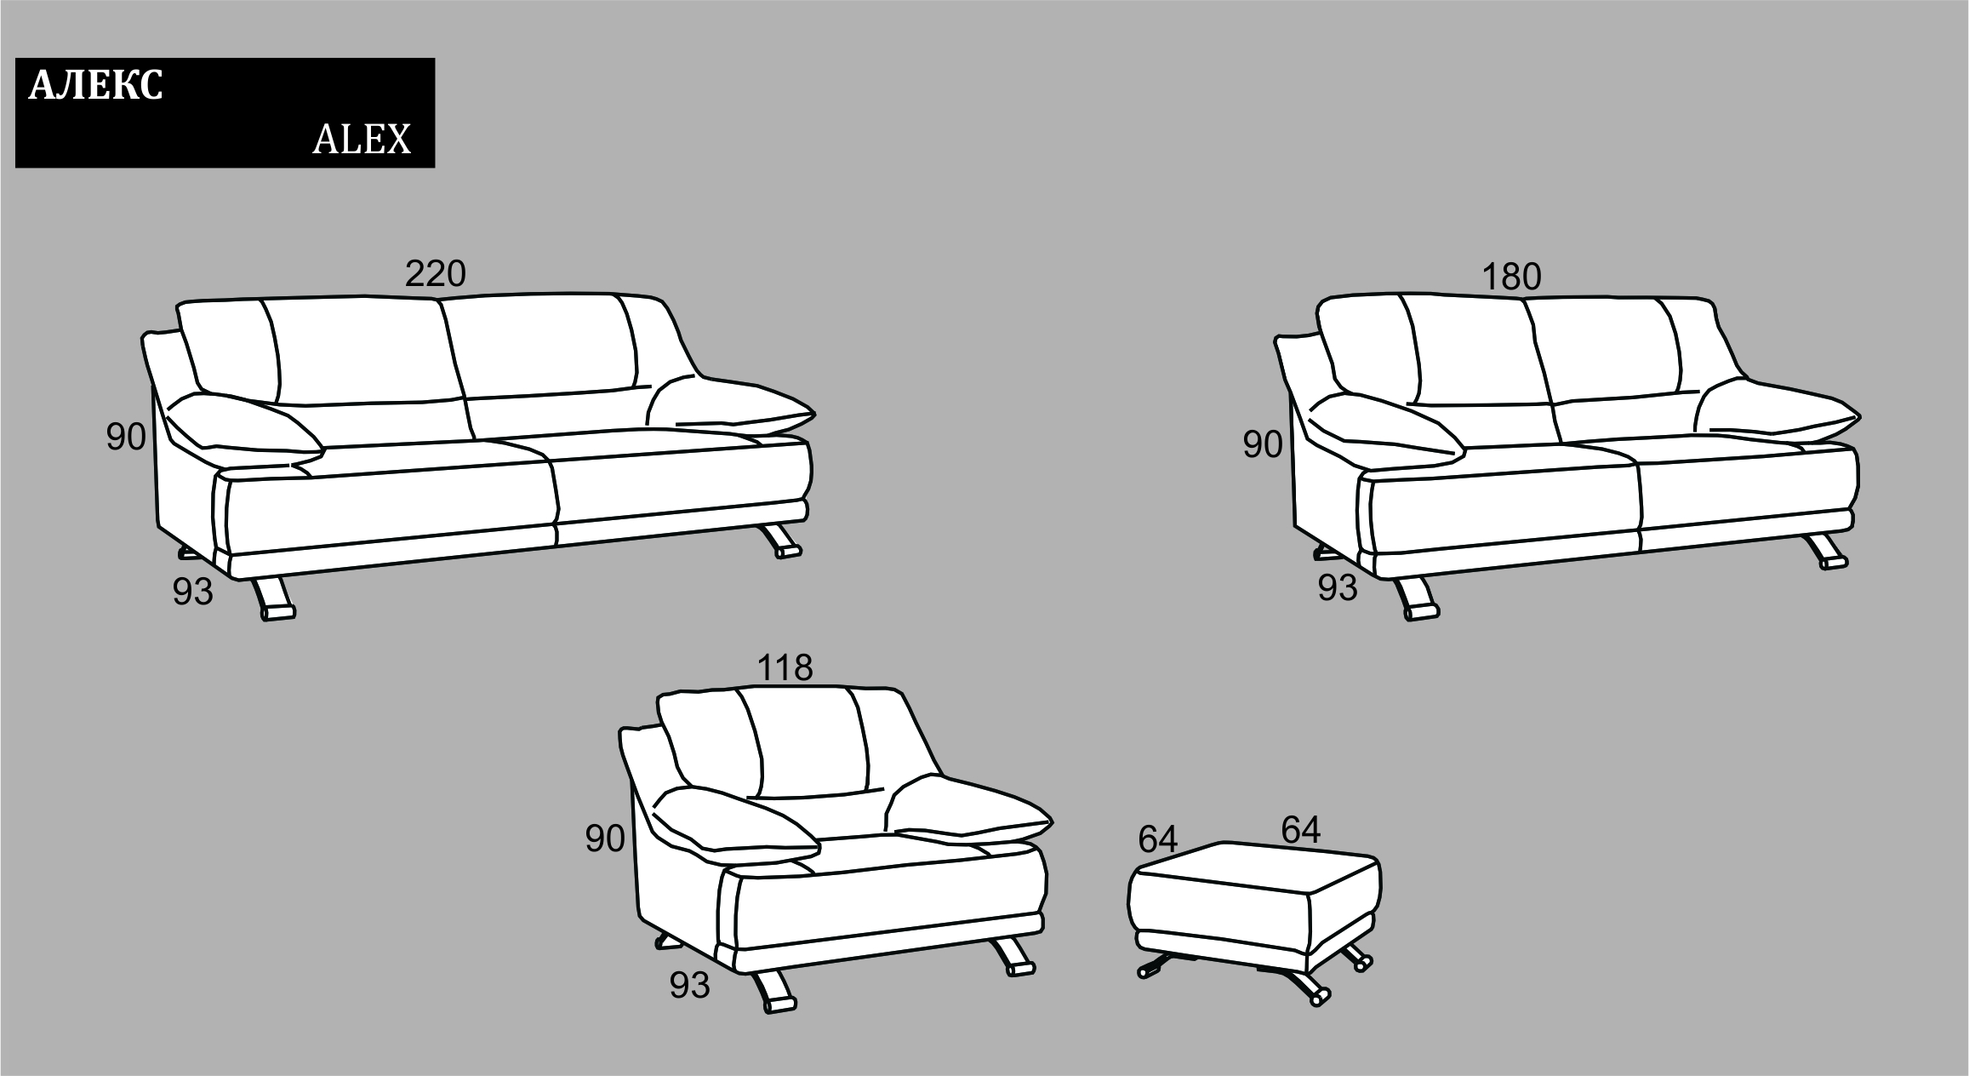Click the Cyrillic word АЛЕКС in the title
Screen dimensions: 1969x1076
(x=95, y=86)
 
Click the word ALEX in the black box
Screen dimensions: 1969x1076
(x=362, y=139)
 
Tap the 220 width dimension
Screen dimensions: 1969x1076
(x=435, y=274)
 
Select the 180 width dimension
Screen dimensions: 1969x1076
(x=1511, y=278)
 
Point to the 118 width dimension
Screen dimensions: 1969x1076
(x=785, y=668)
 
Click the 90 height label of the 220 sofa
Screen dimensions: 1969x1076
(x=126, y=438)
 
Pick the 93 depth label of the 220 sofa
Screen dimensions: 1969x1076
(x=192, y=592)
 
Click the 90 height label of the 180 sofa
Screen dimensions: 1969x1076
(x=1263, y=445)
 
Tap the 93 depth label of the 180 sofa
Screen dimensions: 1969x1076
(x=1338, y=588)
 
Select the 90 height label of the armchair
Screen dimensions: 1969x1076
(x=605, y=839)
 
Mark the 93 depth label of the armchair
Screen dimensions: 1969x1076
(x=689, y=986)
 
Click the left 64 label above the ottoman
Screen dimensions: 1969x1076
(x=1158, y=841)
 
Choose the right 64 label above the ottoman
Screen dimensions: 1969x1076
(x=1301, y=830)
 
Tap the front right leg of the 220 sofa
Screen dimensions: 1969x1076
(x=782, y=541)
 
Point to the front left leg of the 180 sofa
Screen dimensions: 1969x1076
(x=1418, y=599)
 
